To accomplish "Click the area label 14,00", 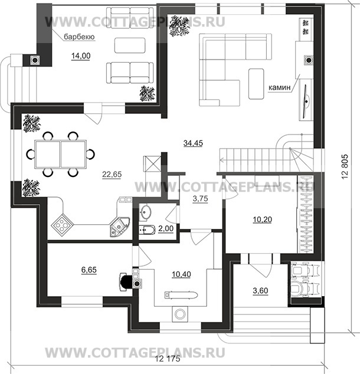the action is pos(81,56).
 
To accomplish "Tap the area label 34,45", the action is pos(193,143).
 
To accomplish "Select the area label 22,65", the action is pos(112,175).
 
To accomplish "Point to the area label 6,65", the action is pos(89,270).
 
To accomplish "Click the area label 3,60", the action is pos(260,291).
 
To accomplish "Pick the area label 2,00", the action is pos(166,228).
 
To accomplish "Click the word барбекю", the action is pos(79,37).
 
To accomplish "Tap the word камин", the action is pos(280,87).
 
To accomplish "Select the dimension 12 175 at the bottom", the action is pos(168,359).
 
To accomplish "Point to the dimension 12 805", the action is pos(345,167).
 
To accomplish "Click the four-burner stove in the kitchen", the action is pos(63,225).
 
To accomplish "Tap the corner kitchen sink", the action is pos(120,227).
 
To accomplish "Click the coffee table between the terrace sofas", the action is pos(130,45).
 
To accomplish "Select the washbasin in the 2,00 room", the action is pos(145,211).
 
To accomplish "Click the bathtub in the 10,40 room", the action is pos(181,295).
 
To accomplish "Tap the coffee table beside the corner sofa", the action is pos(256,84).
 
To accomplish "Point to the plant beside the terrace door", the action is pos(147,94).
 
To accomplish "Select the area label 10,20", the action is pos(263,219).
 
